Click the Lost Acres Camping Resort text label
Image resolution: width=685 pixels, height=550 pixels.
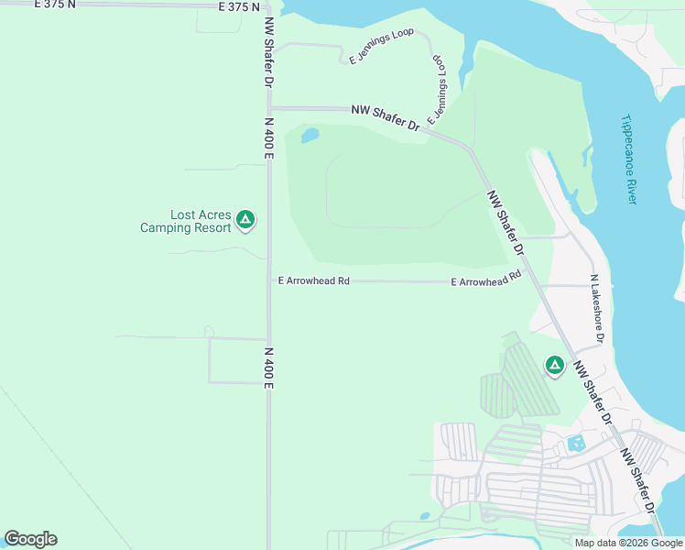[x=185, y=221]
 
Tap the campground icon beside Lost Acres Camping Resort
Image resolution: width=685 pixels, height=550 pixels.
[x=245, y=219]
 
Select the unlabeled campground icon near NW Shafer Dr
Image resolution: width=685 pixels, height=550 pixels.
[x=554, y=366]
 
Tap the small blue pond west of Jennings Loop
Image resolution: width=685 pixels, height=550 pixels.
[x=310, y=136]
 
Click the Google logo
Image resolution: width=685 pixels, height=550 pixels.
[x=30, y=539]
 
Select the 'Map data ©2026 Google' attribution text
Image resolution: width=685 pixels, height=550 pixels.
[x=628, y=543]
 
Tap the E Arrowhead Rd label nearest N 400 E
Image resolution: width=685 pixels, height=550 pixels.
[x=314, y=281]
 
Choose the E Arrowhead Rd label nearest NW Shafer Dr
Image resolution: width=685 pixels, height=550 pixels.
[x=486, y=280]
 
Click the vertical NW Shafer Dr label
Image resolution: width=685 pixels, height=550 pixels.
[x=269, y=52]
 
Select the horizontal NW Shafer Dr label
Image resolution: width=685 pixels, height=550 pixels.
[x=385, y=117]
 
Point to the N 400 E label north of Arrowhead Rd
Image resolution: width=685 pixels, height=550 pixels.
[x=269, y=137]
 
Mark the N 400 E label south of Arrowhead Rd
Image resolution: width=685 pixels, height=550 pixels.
[x=269, y=368]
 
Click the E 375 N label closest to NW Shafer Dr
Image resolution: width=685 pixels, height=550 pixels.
[x=240, y=6]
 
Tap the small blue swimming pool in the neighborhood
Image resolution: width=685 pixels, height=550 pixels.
[x=576, y=445]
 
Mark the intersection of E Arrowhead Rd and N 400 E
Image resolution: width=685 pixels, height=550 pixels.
[x=269, y=281]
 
